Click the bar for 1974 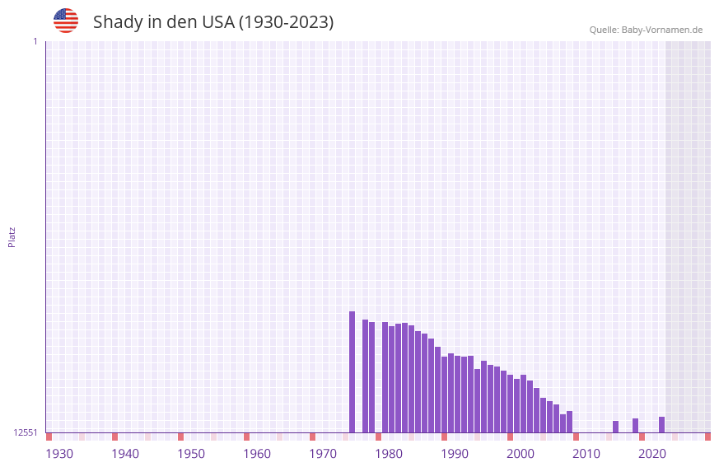pyautogui.click(x=352, y=372)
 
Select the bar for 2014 pyautogui.click(x=615, y=427)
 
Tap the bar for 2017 pyautogui.click(x=635, y=425)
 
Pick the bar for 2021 pyautogui.click(x=661, y=424)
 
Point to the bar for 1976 pyautogui.click(x=365, y=376)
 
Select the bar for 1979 pyautogui.click(x=385, y=377)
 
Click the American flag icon pyautogui.click(x=66, y=21)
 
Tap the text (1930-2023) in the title pyautogui.click(x=286, y=22)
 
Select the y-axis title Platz pyautogui.click(x=12, y=236)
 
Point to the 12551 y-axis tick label pyautogui.click(x=26, y=432)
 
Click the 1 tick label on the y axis pyautogui.click(x=35, y=41)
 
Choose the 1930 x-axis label pyautogui.click(x=59, y=454)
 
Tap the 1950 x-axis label pyautogui.click(x=191, y=454)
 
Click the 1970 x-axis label pyautogui.click(x=323, y=454)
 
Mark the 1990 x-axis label pyautogui.click(x=455, y=454)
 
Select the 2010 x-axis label pyautogui.click(x=586, y=454)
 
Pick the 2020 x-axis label pyautogui.click(x=652, y=454)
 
